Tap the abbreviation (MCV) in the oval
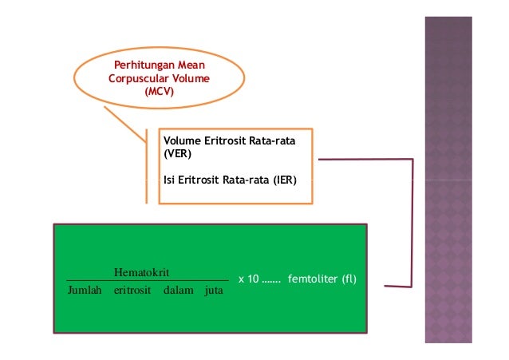pyautogui.click(x=160, y=93)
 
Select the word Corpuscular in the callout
pyautogui.click(x=138, y=79)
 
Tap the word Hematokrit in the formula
pyautogui.click(x=141, y=272)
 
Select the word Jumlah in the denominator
pyautogui.click(x=85, y=291)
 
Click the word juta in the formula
pyautogui.click(x=214, y=291)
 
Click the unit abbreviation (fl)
pyautogui.click(x=349, y=279)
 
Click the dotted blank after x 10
pyautogui.click(x=272, y=281)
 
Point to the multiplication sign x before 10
pyautogui.click(x=241, y=280)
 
